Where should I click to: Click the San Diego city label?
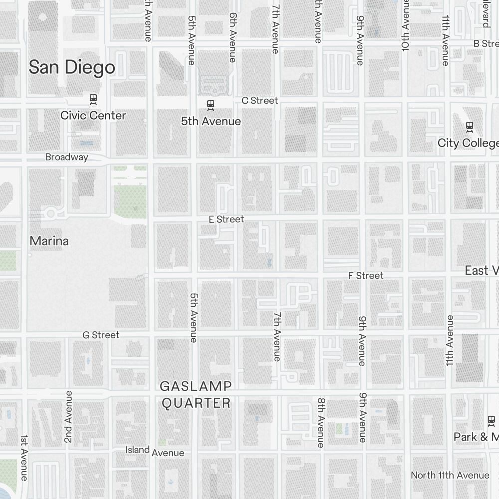[72, 67]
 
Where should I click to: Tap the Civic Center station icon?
[93, 99]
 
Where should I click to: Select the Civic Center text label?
[93, 115]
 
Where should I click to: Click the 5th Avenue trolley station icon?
[211, 105]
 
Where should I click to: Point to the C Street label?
[259, 100]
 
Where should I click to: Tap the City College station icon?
[469, 126]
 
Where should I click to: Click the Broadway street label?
[67, 157]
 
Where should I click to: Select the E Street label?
[226, 219]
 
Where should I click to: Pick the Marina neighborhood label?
[49, 241]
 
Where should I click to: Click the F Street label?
[366, 275]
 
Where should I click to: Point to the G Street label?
[101, 335]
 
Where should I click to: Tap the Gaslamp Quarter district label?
[196, 394]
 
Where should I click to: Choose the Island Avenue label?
[155, 451]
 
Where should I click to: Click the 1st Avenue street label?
[24, 457]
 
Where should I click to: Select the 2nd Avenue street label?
[69, 416]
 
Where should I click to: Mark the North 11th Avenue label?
[450, 475]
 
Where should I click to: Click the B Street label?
[486, 44]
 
